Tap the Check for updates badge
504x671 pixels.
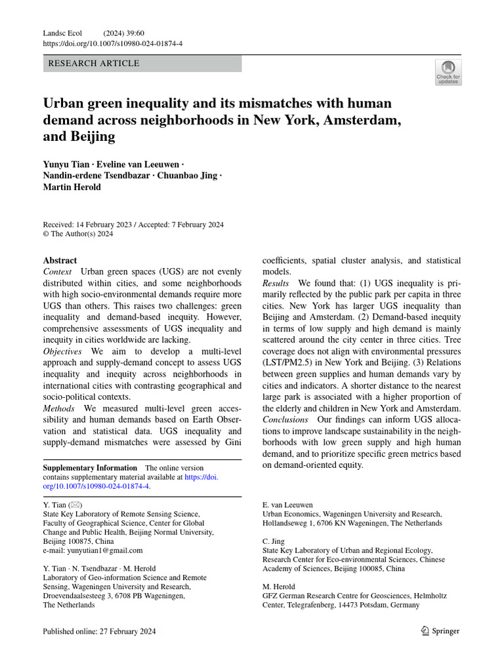tap(448, 72)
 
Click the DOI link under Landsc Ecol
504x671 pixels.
tap(112, 44)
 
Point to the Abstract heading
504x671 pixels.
tap(60, 260)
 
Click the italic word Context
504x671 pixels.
tap(57, 272)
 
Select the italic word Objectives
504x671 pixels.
tap(62, 352)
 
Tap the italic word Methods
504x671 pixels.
tap(59, 408)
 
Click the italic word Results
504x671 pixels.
tap(276, 283)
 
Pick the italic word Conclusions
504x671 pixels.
tap(285, 419)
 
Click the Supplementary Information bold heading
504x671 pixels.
tap(90, 468)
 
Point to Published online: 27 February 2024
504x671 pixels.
tap(99, 631)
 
